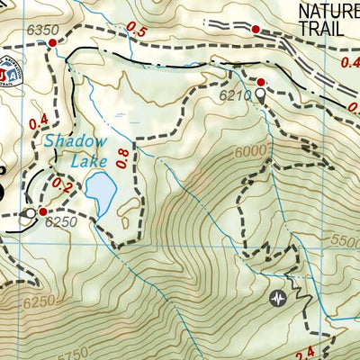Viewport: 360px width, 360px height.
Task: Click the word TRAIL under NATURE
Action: pyautogui.click(x=321, y=29)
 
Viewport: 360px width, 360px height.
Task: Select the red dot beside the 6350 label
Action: pyautogui.click(x=52, y=42)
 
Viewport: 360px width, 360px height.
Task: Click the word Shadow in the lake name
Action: pyautogui.click(x=75, y=141)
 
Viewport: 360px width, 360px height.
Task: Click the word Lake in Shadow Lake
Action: pyautogui.click(x=87, y=161)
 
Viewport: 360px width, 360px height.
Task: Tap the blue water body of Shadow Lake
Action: pyautogui.click(x=100, y=192)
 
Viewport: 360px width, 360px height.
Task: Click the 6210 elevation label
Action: pyautogui.click(x=231, y=93)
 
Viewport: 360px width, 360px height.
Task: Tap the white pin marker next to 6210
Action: pyautogui.click(x=261, y=93)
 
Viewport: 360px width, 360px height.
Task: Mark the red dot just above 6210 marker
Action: pyautogui.click(x=261, y=81)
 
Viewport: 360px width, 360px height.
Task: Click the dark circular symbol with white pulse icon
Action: pyautogui.click(x=279, y=298)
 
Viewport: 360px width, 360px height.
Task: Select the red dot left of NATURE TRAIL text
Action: pyautogui.click(x=256, y=30)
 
